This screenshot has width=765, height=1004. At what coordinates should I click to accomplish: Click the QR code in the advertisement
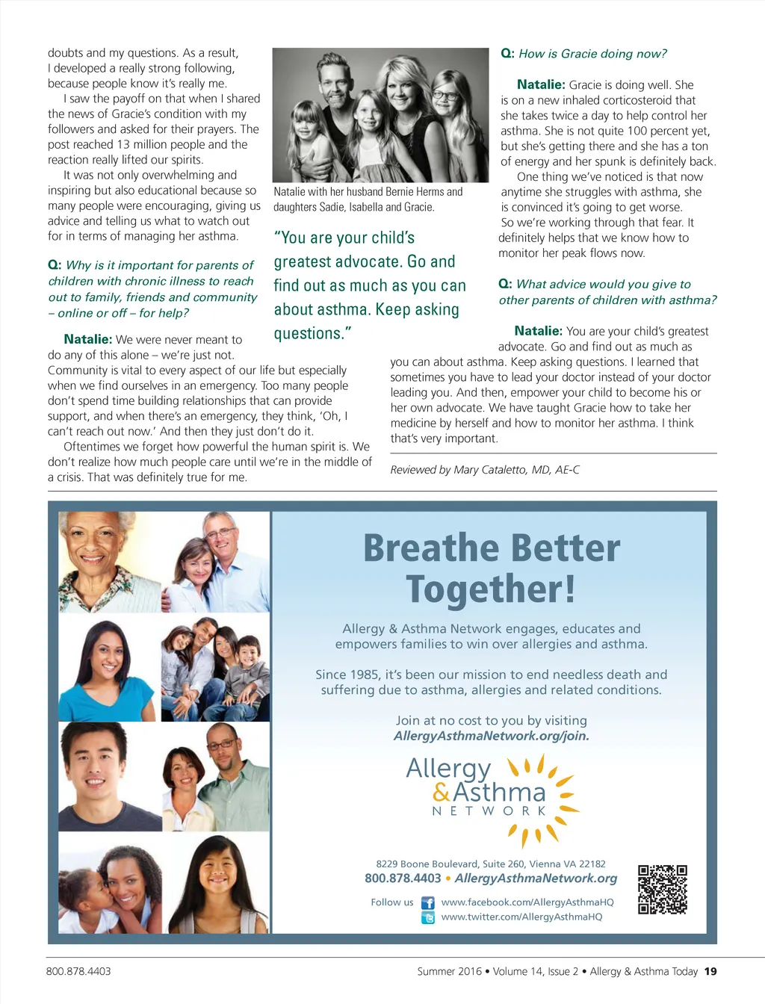point(662,890)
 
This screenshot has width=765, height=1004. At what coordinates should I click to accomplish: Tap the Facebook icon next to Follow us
point(428,903)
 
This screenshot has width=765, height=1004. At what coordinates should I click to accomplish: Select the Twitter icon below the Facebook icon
point(428,918)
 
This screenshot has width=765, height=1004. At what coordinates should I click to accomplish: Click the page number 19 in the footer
point(710,972)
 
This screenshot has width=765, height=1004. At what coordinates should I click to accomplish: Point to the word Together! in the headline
point(491,589)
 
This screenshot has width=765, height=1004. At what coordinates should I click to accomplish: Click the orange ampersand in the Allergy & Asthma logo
point(442,792)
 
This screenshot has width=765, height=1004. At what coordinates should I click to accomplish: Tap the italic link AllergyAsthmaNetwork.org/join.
point(491,737)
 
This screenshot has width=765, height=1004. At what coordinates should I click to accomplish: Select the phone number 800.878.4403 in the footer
point(78,972)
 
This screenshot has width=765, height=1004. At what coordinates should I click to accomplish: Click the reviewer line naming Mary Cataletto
point(484,470)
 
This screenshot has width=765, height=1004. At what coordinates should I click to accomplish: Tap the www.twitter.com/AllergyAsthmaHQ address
point(521,917)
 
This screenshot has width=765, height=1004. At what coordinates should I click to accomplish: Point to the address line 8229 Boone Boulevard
point(491,864)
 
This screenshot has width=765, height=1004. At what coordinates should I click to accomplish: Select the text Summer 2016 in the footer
point(449,972)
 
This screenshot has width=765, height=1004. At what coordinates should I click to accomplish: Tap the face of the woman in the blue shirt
point(106,657)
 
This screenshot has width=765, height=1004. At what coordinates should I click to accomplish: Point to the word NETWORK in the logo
point(489,811)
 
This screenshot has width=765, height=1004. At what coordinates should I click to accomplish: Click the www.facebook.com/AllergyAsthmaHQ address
point(527,902)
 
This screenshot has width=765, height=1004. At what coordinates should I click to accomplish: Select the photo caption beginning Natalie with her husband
point(368,199)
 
